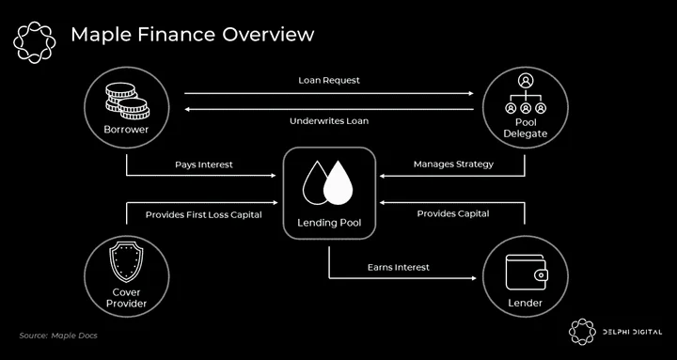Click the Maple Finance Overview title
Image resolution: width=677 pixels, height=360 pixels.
[192, 35]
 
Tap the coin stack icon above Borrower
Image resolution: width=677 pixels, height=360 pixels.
[127, 101]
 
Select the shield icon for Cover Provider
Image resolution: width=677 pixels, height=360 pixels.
[127, 261]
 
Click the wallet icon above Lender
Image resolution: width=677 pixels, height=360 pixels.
[527, 272]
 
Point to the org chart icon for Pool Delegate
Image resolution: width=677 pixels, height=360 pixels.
[526, 94]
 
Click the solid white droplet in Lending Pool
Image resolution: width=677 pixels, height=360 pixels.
[338, 183]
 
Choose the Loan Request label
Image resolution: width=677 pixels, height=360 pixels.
[329, 81]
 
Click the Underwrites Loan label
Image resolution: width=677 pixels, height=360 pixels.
[329, 121]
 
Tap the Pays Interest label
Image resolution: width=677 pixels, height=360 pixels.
[204, 164]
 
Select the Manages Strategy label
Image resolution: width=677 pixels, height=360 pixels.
[453, 164]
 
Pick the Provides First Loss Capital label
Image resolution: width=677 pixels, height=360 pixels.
[204, 214]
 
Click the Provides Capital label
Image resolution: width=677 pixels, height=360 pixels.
[453, 213]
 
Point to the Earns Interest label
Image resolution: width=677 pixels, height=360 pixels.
[399, 268]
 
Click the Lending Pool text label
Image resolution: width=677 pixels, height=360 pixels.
[329, 223]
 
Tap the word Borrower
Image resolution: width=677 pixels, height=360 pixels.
[126, 130]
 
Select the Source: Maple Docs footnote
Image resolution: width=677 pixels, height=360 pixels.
[58, 336]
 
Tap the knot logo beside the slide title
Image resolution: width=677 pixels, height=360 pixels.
[35, 42]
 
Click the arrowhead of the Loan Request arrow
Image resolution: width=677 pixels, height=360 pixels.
[471, 93]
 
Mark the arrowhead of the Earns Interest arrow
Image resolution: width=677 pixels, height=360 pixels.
[473, 278]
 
